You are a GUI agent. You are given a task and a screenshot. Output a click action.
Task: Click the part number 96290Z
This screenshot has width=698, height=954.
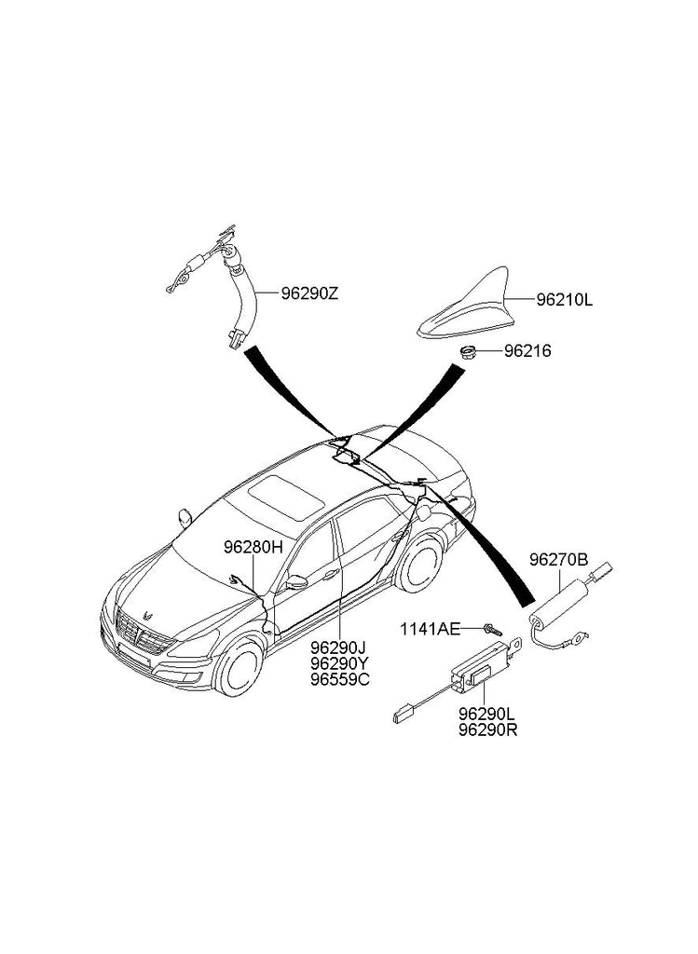point(310,293)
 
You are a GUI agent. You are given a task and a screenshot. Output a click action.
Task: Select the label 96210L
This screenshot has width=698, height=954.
point(565,301)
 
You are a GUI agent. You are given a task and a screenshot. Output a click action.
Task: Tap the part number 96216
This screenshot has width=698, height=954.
point(528,351)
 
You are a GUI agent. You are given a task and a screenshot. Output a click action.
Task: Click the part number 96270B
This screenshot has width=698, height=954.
point(558,560)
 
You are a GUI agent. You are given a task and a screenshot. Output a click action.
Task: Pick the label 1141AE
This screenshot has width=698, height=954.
point(431,630)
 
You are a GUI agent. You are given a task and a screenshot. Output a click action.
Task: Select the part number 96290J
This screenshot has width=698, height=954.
point(339,647)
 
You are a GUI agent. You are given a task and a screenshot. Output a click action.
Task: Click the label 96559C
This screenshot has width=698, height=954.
point(340,679)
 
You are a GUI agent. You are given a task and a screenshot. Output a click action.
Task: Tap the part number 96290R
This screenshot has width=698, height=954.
point(488,729)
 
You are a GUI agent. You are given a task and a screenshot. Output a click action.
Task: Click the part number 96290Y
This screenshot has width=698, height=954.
point(339,663)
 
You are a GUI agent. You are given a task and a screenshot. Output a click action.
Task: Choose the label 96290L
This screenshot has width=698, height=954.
point(488,714)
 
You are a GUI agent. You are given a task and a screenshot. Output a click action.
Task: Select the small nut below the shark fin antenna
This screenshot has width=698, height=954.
point(469,352)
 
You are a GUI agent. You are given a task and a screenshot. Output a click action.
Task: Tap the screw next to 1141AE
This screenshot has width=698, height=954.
point(490,630)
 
